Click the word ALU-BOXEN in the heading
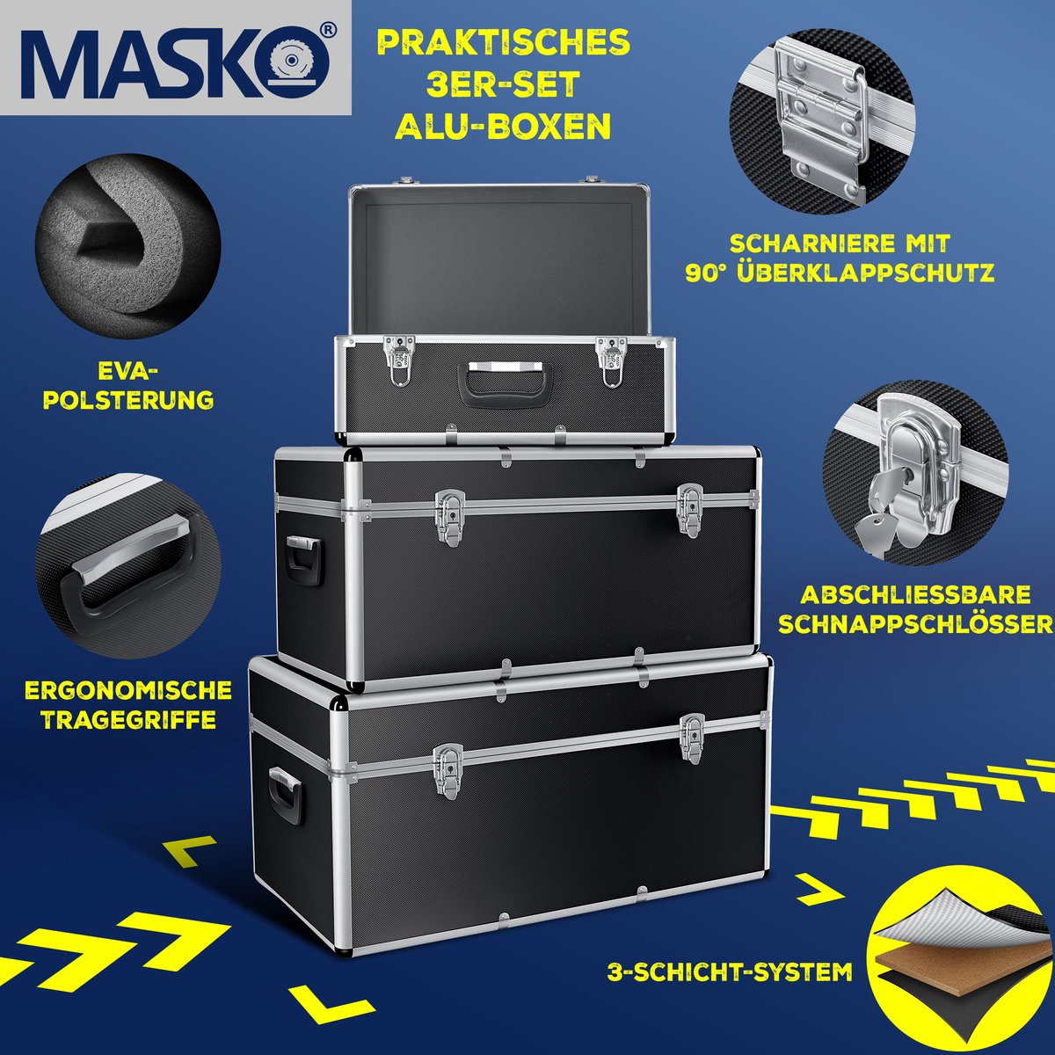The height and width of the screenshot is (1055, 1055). tap(503, 127)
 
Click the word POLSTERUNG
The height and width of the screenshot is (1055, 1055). tap(128, 400)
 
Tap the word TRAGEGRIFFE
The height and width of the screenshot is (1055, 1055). tap(128, 720)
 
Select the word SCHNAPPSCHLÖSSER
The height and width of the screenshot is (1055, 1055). tap(915, 624)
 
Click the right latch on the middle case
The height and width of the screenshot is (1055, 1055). tap(690, 509)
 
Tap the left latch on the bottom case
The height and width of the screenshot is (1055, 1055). tap(447, 771)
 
